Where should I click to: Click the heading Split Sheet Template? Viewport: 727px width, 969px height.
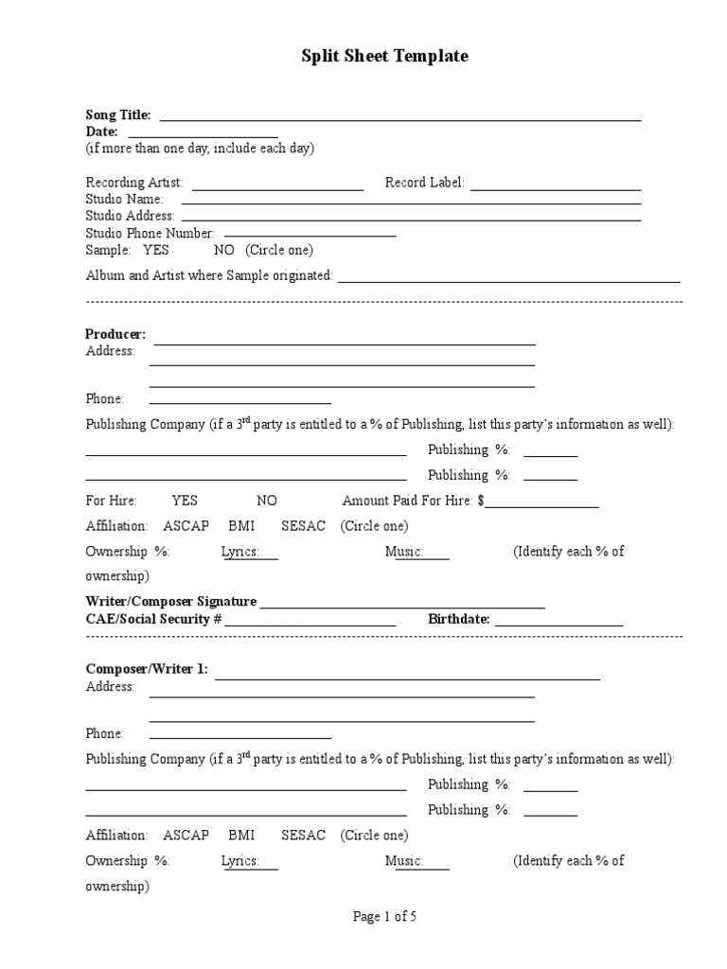point(384,57)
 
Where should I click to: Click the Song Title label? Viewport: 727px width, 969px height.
point(118,115)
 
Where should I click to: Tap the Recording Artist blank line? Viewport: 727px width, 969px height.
point(277,188)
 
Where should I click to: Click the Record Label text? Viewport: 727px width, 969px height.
point(425,183)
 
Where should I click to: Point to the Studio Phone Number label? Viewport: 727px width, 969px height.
point(151,233)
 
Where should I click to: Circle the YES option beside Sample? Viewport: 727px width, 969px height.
point(156,251)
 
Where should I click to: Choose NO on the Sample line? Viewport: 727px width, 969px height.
point(223,251)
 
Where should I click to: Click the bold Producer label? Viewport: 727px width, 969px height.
point(115,334)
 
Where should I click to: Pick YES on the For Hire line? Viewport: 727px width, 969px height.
point(185,501)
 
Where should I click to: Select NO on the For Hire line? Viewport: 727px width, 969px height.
point(267,501)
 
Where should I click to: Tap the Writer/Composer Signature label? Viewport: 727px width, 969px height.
point(171,602)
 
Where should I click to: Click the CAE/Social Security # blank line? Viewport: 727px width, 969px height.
point(310,624)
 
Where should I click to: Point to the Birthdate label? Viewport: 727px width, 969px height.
point(458,619)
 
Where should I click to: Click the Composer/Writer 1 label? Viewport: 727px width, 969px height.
point(147,669)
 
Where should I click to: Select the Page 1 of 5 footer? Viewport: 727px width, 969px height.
point(384,916)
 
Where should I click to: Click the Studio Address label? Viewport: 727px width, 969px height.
point(130,216)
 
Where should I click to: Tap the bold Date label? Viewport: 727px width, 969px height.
point(101,132)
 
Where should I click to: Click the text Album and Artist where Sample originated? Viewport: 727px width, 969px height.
point(209,275)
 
